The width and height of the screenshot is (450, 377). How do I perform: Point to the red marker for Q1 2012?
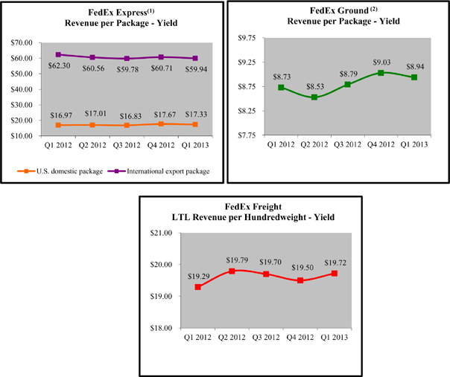[198, 287]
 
